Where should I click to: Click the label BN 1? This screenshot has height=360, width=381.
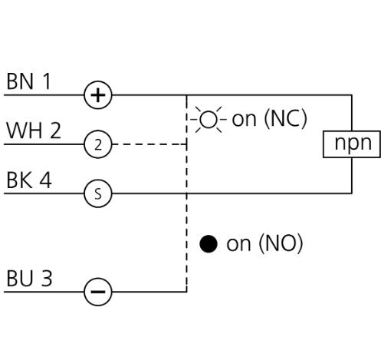[x=28, y=81]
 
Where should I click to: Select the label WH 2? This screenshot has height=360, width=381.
[x=34, y=130]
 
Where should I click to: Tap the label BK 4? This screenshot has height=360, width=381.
[x=29, y=180]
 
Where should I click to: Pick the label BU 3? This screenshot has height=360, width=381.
[x=29, y=278]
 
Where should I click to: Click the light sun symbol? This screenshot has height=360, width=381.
[x=209, y=120]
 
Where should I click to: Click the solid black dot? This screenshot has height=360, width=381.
[x=209, y=244]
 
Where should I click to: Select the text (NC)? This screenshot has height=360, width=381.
[x=285, y=119]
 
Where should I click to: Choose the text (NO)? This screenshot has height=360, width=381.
[x=281, y=243]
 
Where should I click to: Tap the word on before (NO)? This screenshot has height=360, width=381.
[x=238, y=245]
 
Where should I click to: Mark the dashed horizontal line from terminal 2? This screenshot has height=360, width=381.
[x=149, y=144]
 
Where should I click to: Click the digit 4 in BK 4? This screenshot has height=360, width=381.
[x=45, y=180]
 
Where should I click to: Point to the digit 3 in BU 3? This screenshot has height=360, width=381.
[x=47, y=279]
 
